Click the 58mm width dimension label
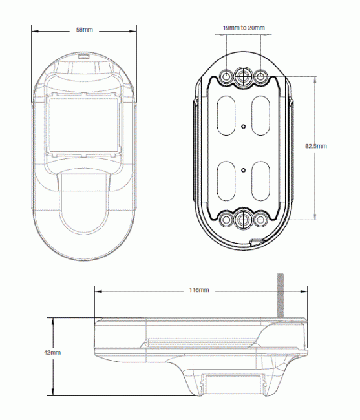85,30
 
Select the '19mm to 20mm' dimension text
244,28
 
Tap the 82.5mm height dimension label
316,146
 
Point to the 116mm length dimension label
199,290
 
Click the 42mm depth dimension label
52,353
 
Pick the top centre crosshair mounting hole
244,77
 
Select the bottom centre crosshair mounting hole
244,220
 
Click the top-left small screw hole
226,77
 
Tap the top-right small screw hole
260,77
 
